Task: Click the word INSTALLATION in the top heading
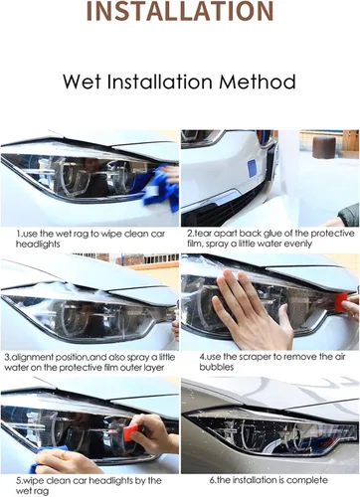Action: (x=180, y=11)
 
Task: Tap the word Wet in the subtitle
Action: (x=82, y=82)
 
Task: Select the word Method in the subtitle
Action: (x=258, y=82)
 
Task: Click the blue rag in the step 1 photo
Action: (x=161, y=189)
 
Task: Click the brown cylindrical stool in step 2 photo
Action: (x=324, y=147)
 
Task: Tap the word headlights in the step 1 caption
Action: (x=38, y=245)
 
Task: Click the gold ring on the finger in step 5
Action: (x=63, y=456)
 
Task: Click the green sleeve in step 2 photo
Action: (x=349, y=212)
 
